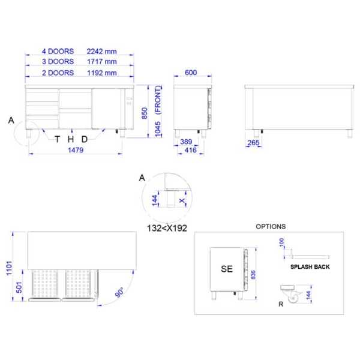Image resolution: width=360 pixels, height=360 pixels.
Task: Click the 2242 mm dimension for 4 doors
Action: [101, 51]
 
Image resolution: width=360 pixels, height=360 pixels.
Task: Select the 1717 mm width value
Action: [101, 62]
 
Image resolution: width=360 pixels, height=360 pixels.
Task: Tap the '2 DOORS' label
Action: [58, 73]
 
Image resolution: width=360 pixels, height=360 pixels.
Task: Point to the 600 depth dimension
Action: [191, 73]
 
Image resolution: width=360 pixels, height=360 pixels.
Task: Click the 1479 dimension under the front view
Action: [76, 150]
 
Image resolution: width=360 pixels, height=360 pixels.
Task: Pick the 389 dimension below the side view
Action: [186, 142]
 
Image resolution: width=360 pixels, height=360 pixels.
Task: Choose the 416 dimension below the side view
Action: [191, 150]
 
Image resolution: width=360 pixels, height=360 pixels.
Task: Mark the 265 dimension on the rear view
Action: [253, 143]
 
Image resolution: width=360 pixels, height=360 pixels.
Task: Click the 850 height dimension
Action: [145, 113]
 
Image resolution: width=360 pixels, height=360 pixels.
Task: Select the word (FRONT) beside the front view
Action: [158, 100]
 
